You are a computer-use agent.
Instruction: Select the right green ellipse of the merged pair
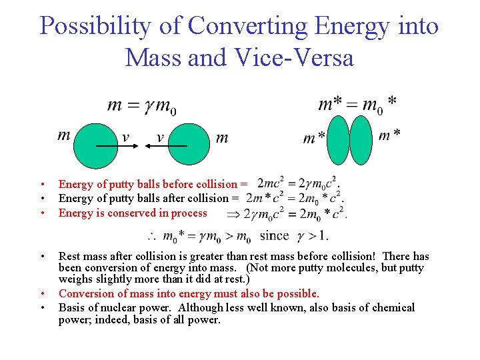(361, 140)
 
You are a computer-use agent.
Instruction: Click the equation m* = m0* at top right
(357, 103)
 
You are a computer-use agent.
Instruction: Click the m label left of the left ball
(64, 136)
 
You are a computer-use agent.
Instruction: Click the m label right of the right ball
(222, 138)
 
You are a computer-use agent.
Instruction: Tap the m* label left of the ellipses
(314, 138)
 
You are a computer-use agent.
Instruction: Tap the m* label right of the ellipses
(389, 135)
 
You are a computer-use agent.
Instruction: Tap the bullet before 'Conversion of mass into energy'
(41, 294)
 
